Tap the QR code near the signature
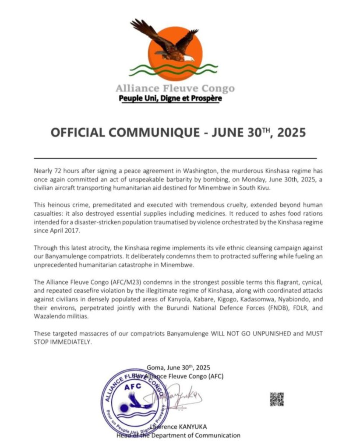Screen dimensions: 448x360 [276, 399]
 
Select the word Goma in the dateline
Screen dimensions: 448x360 [155, 367]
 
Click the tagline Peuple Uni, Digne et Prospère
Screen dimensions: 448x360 [170, 98]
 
